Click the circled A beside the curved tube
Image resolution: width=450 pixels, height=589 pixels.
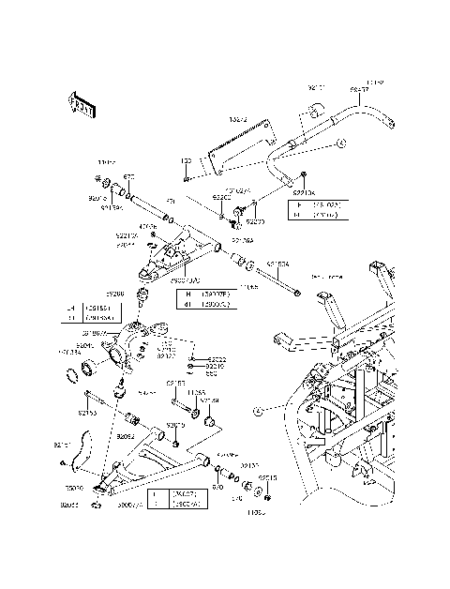[x=342, y=143]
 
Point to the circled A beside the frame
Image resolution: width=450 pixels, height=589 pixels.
[x=256, y=410]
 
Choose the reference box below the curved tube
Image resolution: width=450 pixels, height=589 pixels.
[x=316, y=208]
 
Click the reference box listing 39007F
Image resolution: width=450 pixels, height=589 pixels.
[x=204, y=298]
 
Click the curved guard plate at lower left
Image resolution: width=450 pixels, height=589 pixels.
[x=79, y=451]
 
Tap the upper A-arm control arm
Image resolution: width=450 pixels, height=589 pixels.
[x=183, y=249]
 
